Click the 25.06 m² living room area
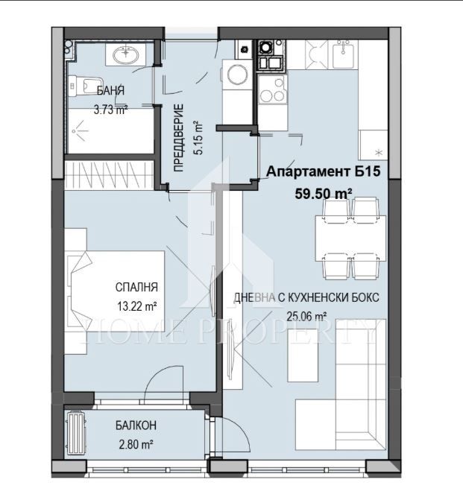[x=307, y=316]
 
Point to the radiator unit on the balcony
[x=77, y=432]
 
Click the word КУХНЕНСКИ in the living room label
[x=316, y=297]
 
